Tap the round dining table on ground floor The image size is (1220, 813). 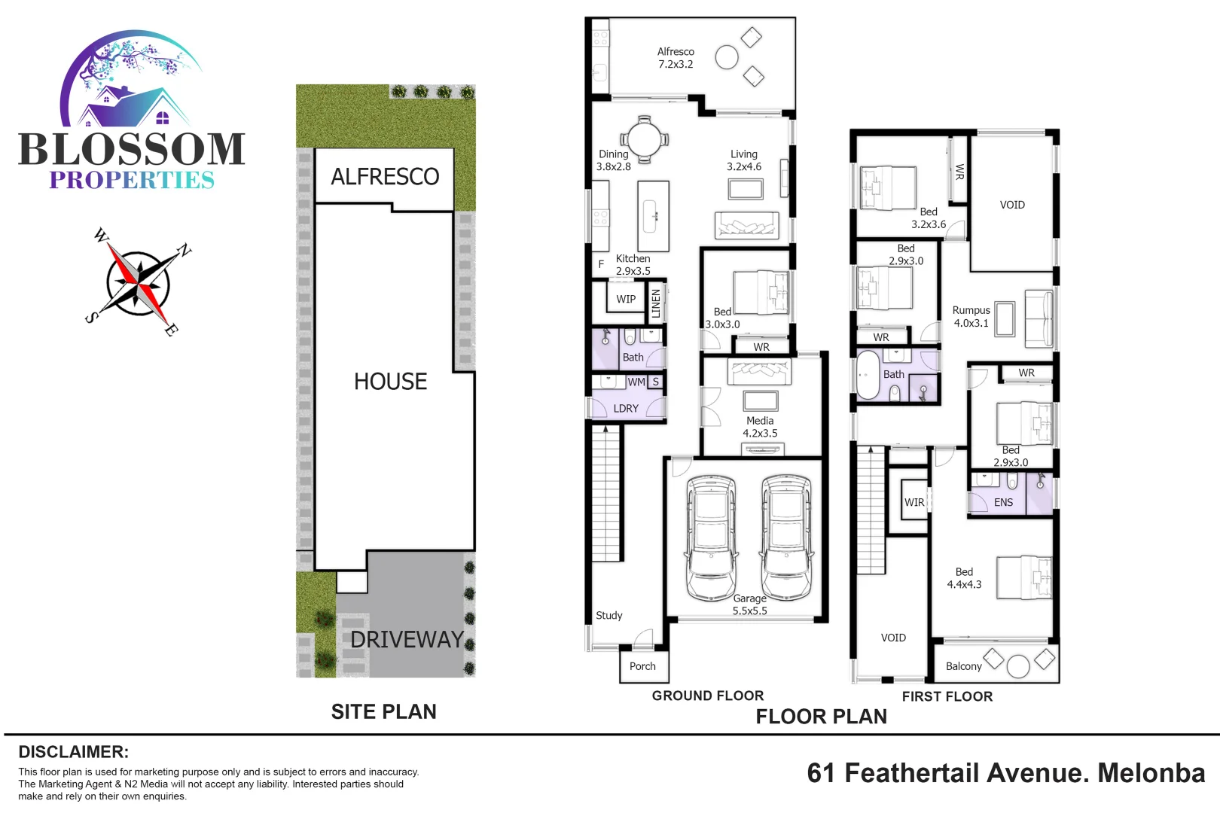(x=644, y=139)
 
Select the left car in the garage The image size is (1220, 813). (x=710, y=537)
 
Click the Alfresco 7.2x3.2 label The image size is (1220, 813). (x=676, y=58)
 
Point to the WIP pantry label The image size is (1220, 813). (x=626, y=299)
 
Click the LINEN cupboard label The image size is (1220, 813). (x=655, y=303)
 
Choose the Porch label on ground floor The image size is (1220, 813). (x=642, y=666)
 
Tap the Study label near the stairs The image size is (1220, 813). (x=608, y=615)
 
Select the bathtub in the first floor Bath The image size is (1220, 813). (x=868, y=374)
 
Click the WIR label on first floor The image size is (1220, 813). (x=914, y=502)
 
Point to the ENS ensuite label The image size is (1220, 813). (x=1003, y=502)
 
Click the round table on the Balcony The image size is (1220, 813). (x=1018, y=666)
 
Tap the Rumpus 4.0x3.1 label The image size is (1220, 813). (x=971, y=316)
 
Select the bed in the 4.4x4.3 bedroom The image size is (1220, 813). (x=1023, y=577)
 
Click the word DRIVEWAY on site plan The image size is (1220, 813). (x=407, y=639)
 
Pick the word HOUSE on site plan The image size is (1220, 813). (x=390, y=382)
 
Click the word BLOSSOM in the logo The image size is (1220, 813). (x=132, y=149)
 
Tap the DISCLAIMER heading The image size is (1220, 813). (x=73, y=751)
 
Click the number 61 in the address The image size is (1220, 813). (x=821, y=773)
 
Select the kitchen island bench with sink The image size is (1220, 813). (x=653, y=216)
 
